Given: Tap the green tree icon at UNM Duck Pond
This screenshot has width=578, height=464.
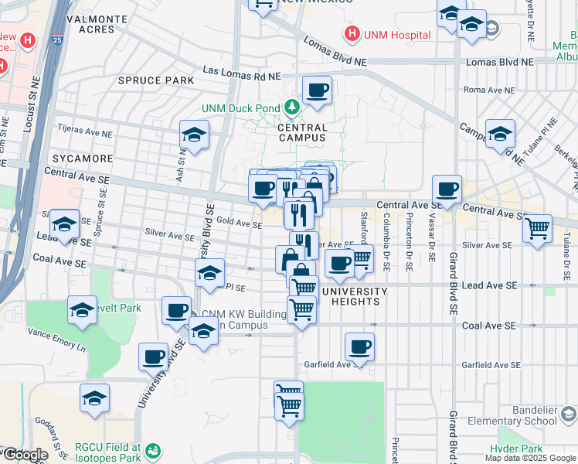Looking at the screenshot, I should click(x=293, y=107).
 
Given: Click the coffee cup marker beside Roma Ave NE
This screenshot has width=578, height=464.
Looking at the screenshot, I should click(x=317, y=91).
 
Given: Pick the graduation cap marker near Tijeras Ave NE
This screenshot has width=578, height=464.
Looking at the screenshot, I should click(x=194, y=135).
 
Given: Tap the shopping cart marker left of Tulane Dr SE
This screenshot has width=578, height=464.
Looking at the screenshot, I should click(x=537, y=228).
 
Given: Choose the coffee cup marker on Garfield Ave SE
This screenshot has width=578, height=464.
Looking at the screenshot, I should click(x=359, y=346).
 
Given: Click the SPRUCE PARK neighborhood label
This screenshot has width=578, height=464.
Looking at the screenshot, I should click(x=156, y=80).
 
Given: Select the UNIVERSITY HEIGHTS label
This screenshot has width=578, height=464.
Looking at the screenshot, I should click(x=355, y=296).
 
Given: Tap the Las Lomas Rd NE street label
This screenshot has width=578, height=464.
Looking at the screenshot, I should click(x=240, y=70).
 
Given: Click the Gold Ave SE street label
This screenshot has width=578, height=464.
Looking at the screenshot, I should click(x=240, y=223).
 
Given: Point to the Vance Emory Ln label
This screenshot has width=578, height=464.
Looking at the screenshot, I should click(x=57, y=343).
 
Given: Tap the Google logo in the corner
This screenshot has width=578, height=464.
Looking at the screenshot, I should click(x=25, y=455).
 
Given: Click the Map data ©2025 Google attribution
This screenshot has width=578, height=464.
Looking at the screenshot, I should click(x=530, y=458).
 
